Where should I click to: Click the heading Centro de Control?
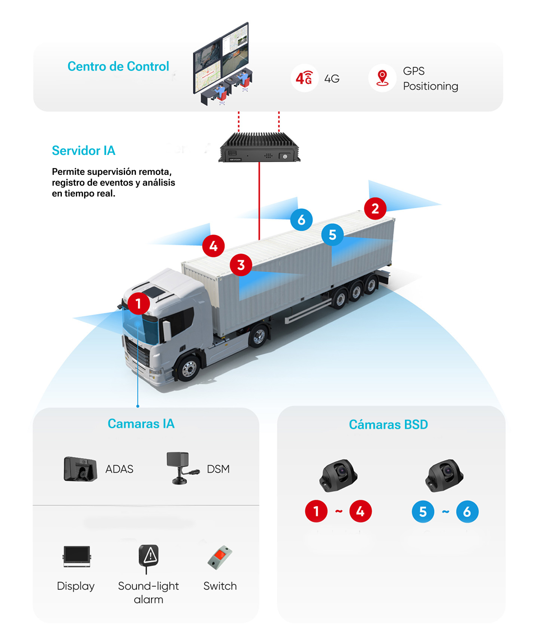pyautogui.click(x=118, y=66)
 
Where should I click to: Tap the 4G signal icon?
pyautogui.click(x=304, y=78)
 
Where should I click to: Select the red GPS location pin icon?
pyautogui.click(x=382, y=78)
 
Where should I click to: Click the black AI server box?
pyautogui.click(x=259, y=148)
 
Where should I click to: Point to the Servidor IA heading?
pyautogui.click(x=84, y=150)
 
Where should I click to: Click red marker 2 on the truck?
pyautogui.click(x=375, y=209)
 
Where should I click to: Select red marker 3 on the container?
pyautogui.click(x=241, y=265)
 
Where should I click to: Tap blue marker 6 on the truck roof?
pyautogui.click(x=301, y=220)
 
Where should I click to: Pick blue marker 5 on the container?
pyautogui.click(x=332, y=235)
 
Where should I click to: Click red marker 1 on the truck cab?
pyautogui.click(x=139, y=304)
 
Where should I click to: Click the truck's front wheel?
pyautogui.click(x=189, y=368)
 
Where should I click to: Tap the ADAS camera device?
pyautogui.click(x=80, y=469)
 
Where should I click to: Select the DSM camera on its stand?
pyautogui.click(x=181, y=468)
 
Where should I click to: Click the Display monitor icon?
pyautogui.click(x=77, y=556)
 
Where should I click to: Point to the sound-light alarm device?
pyautogui.click(x=149, y=557)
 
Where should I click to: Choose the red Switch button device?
pyautogui.click(x=220, y=557)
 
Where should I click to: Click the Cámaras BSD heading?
pyautogui.click(x=388, y=425)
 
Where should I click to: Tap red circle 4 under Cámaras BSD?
pyautogui.click(x=360, y=511)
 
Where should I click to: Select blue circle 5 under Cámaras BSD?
pyautogui.click(x=423, y=512)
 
